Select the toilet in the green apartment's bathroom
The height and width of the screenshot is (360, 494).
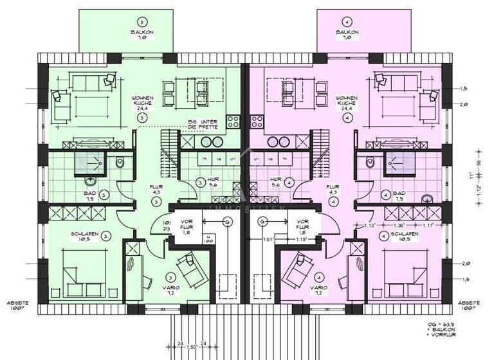point(120,164)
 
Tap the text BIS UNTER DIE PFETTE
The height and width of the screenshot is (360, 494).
point(203,124)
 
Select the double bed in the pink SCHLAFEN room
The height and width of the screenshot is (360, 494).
point(412,271)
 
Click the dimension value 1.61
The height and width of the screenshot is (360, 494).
point(270,239)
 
